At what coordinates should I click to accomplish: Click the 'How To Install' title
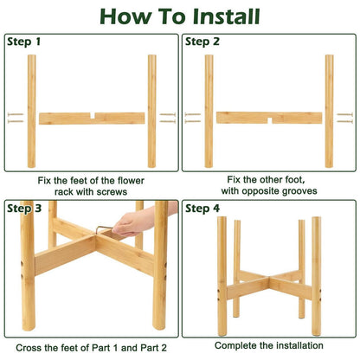tap(180, 16)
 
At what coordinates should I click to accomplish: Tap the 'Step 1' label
tap(23, 42)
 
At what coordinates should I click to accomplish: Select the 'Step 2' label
tap(202, 42)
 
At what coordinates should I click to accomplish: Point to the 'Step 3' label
tap(24, 209)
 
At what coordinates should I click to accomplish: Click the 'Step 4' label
tap(202, 209)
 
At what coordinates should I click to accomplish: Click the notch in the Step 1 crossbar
tap(93, 116)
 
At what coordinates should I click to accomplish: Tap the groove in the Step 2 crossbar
tap(270, 120)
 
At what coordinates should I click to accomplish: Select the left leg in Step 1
tap(32, 112)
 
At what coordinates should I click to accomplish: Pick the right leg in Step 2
tap(329, 112)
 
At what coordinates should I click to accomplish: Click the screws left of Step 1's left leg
tap(16, 118)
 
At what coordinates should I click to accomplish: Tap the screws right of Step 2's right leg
tap(344, 118)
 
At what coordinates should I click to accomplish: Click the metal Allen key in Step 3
tap(103, 229)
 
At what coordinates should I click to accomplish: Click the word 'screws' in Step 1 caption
tap(112, 192)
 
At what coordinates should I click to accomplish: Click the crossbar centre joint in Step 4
tap(269, 279)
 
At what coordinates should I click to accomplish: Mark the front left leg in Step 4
tap(222, 276)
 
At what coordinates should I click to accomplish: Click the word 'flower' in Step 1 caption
tap(131, 181)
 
